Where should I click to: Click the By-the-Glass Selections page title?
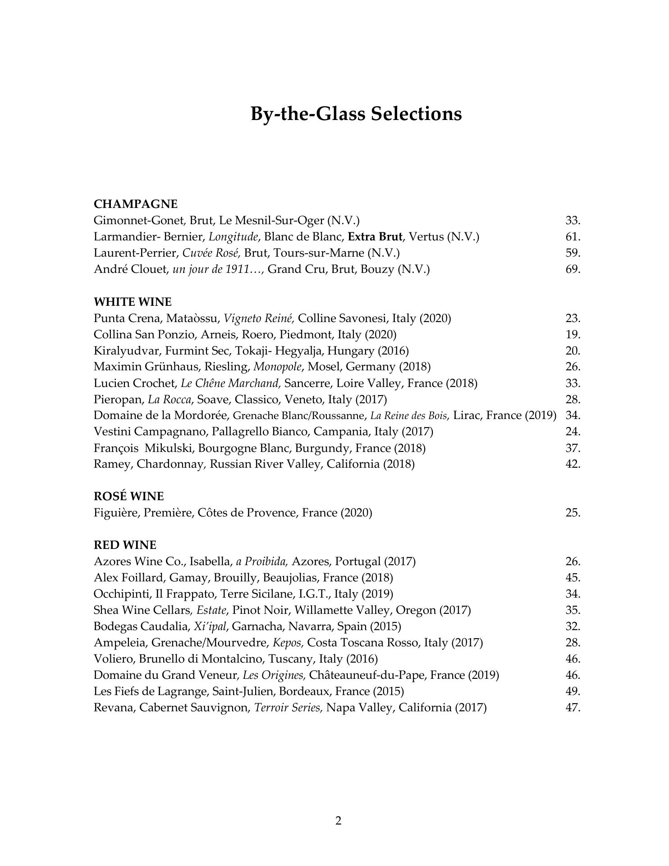point(356,114)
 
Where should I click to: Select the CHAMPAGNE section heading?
point(135,204)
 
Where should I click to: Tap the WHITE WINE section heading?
point(133,302)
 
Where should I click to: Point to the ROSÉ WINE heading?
point(128,497)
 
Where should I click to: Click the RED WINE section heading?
point(125,545)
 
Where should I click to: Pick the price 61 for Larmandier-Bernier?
point(573,237)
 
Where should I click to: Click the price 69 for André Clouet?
point(573,269)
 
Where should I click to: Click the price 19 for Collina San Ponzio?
point(573,335)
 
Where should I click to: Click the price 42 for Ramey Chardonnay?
point(573,464)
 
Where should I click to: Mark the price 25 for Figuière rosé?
point(573,513)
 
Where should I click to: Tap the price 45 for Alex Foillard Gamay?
point(573,578)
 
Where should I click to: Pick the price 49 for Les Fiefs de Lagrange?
point(573,691)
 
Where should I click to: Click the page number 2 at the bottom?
point(339,821)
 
